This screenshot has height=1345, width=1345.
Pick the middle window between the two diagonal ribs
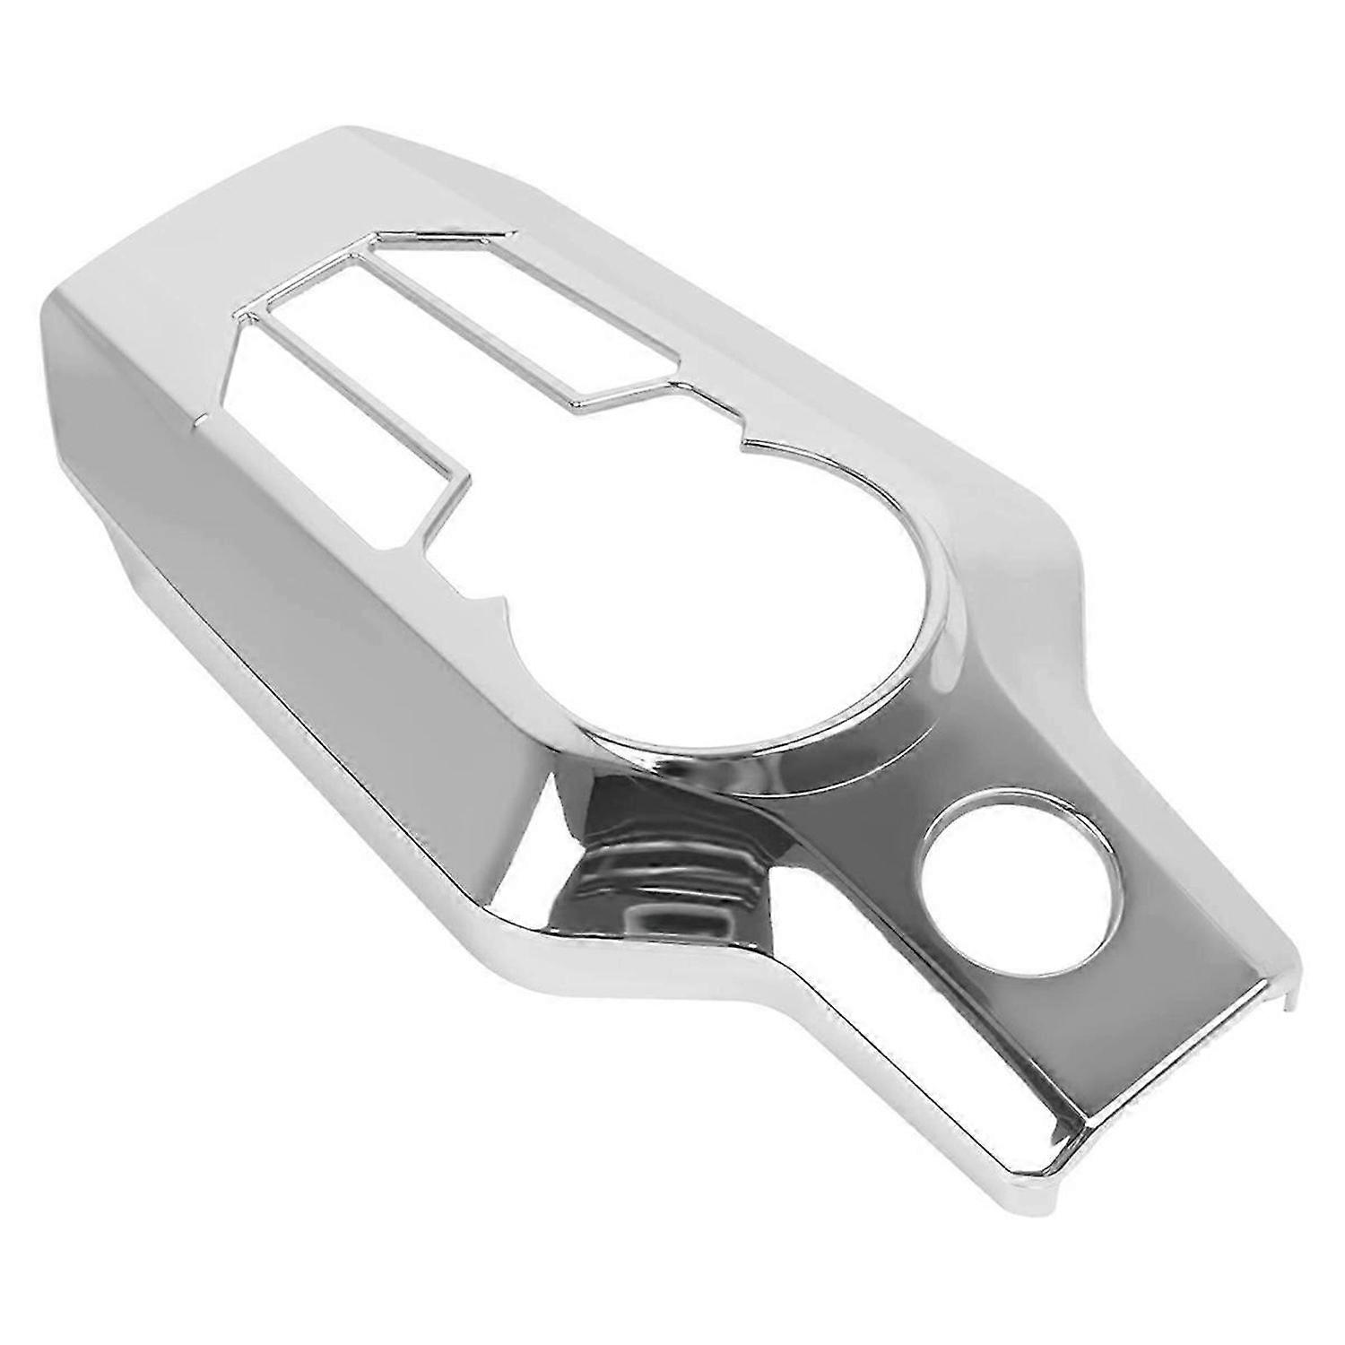pos(421,350)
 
